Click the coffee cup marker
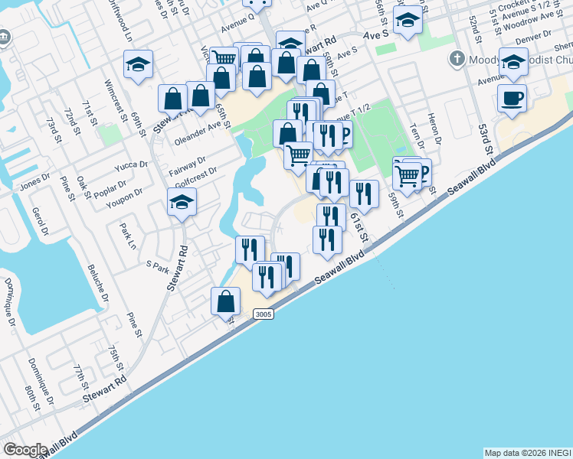click(x=511, y=98)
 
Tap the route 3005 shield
click(x=263, y=314)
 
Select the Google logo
click(x=25, y=450)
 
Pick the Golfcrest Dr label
click(x=196, y=174)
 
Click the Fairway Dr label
click(x=188, y=161)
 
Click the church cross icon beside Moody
click(x=457, y=58)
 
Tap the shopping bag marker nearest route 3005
click(x=226, y=301)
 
